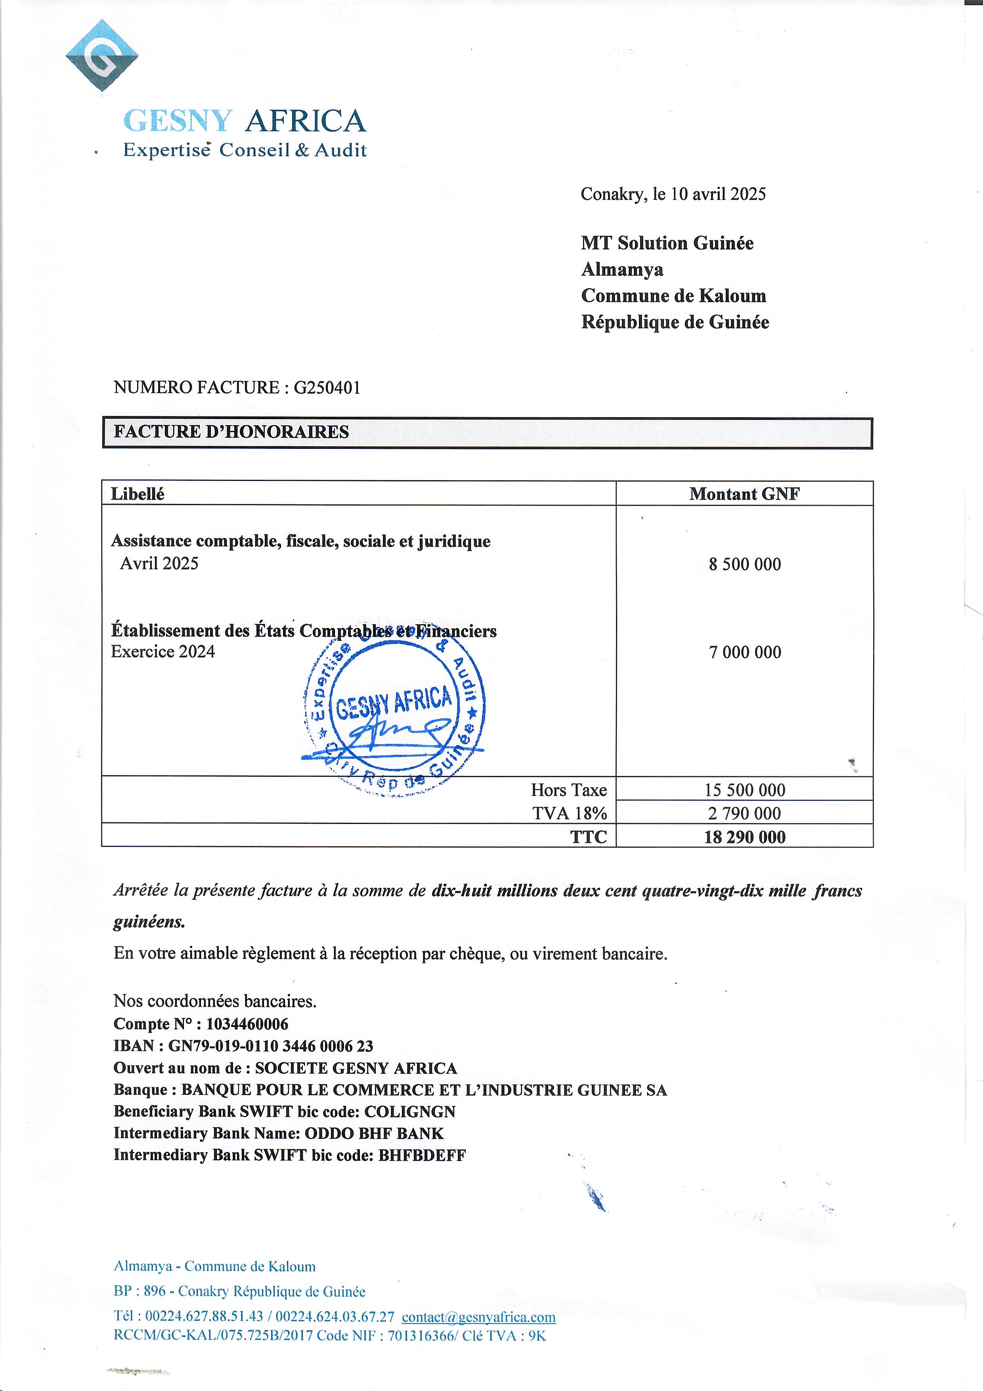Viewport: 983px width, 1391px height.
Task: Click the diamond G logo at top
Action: click(102, 56)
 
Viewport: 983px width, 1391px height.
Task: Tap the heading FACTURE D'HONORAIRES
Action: click(231, 432)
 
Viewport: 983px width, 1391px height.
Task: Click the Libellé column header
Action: click(138, 494)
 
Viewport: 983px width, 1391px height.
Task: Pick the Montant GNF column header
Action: click(744, 494)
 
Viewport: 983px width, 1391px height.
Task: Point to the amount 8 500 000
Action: click(745, 565)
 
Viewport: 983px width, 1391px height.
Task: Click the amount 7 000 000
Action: click(745, 653)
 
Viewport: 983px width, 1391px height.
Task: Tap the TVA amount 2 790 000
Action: click(745, 814)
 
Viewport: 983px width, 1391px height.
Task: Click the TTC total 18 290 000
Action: click(745, 838)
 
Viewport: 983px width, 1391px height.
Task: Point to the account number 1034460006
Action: click(247, 1024)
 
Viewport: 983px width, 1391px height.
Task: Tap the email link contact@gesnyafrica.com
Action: click(478, 1317)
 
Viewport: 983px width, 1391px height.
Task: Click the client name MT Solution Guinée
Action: click(667, 243)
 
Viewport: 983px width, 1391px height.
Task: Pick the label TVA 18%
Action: click(569, 814)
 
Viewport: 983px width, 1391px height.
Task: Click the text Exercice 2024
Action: click(163, 652)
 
